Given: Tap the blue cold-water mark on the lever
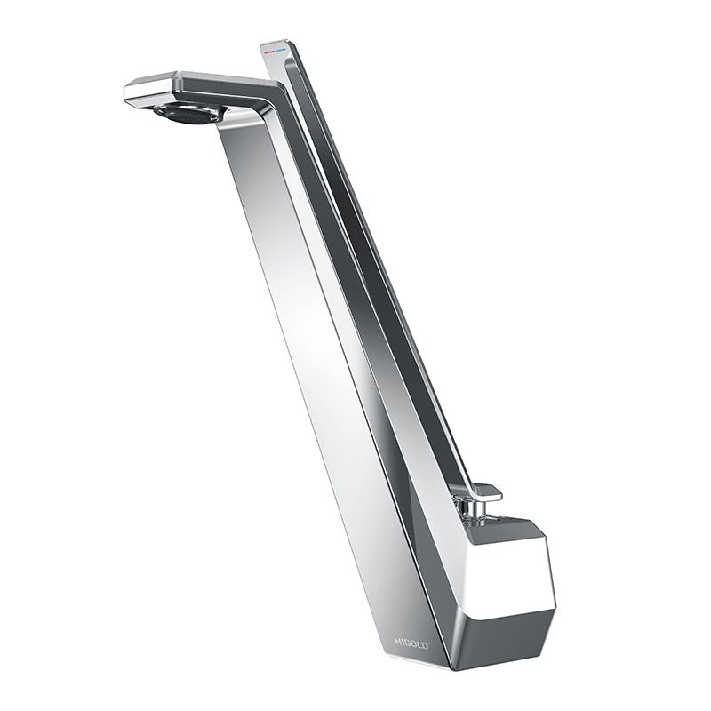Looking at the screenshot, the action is [281, 48].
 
